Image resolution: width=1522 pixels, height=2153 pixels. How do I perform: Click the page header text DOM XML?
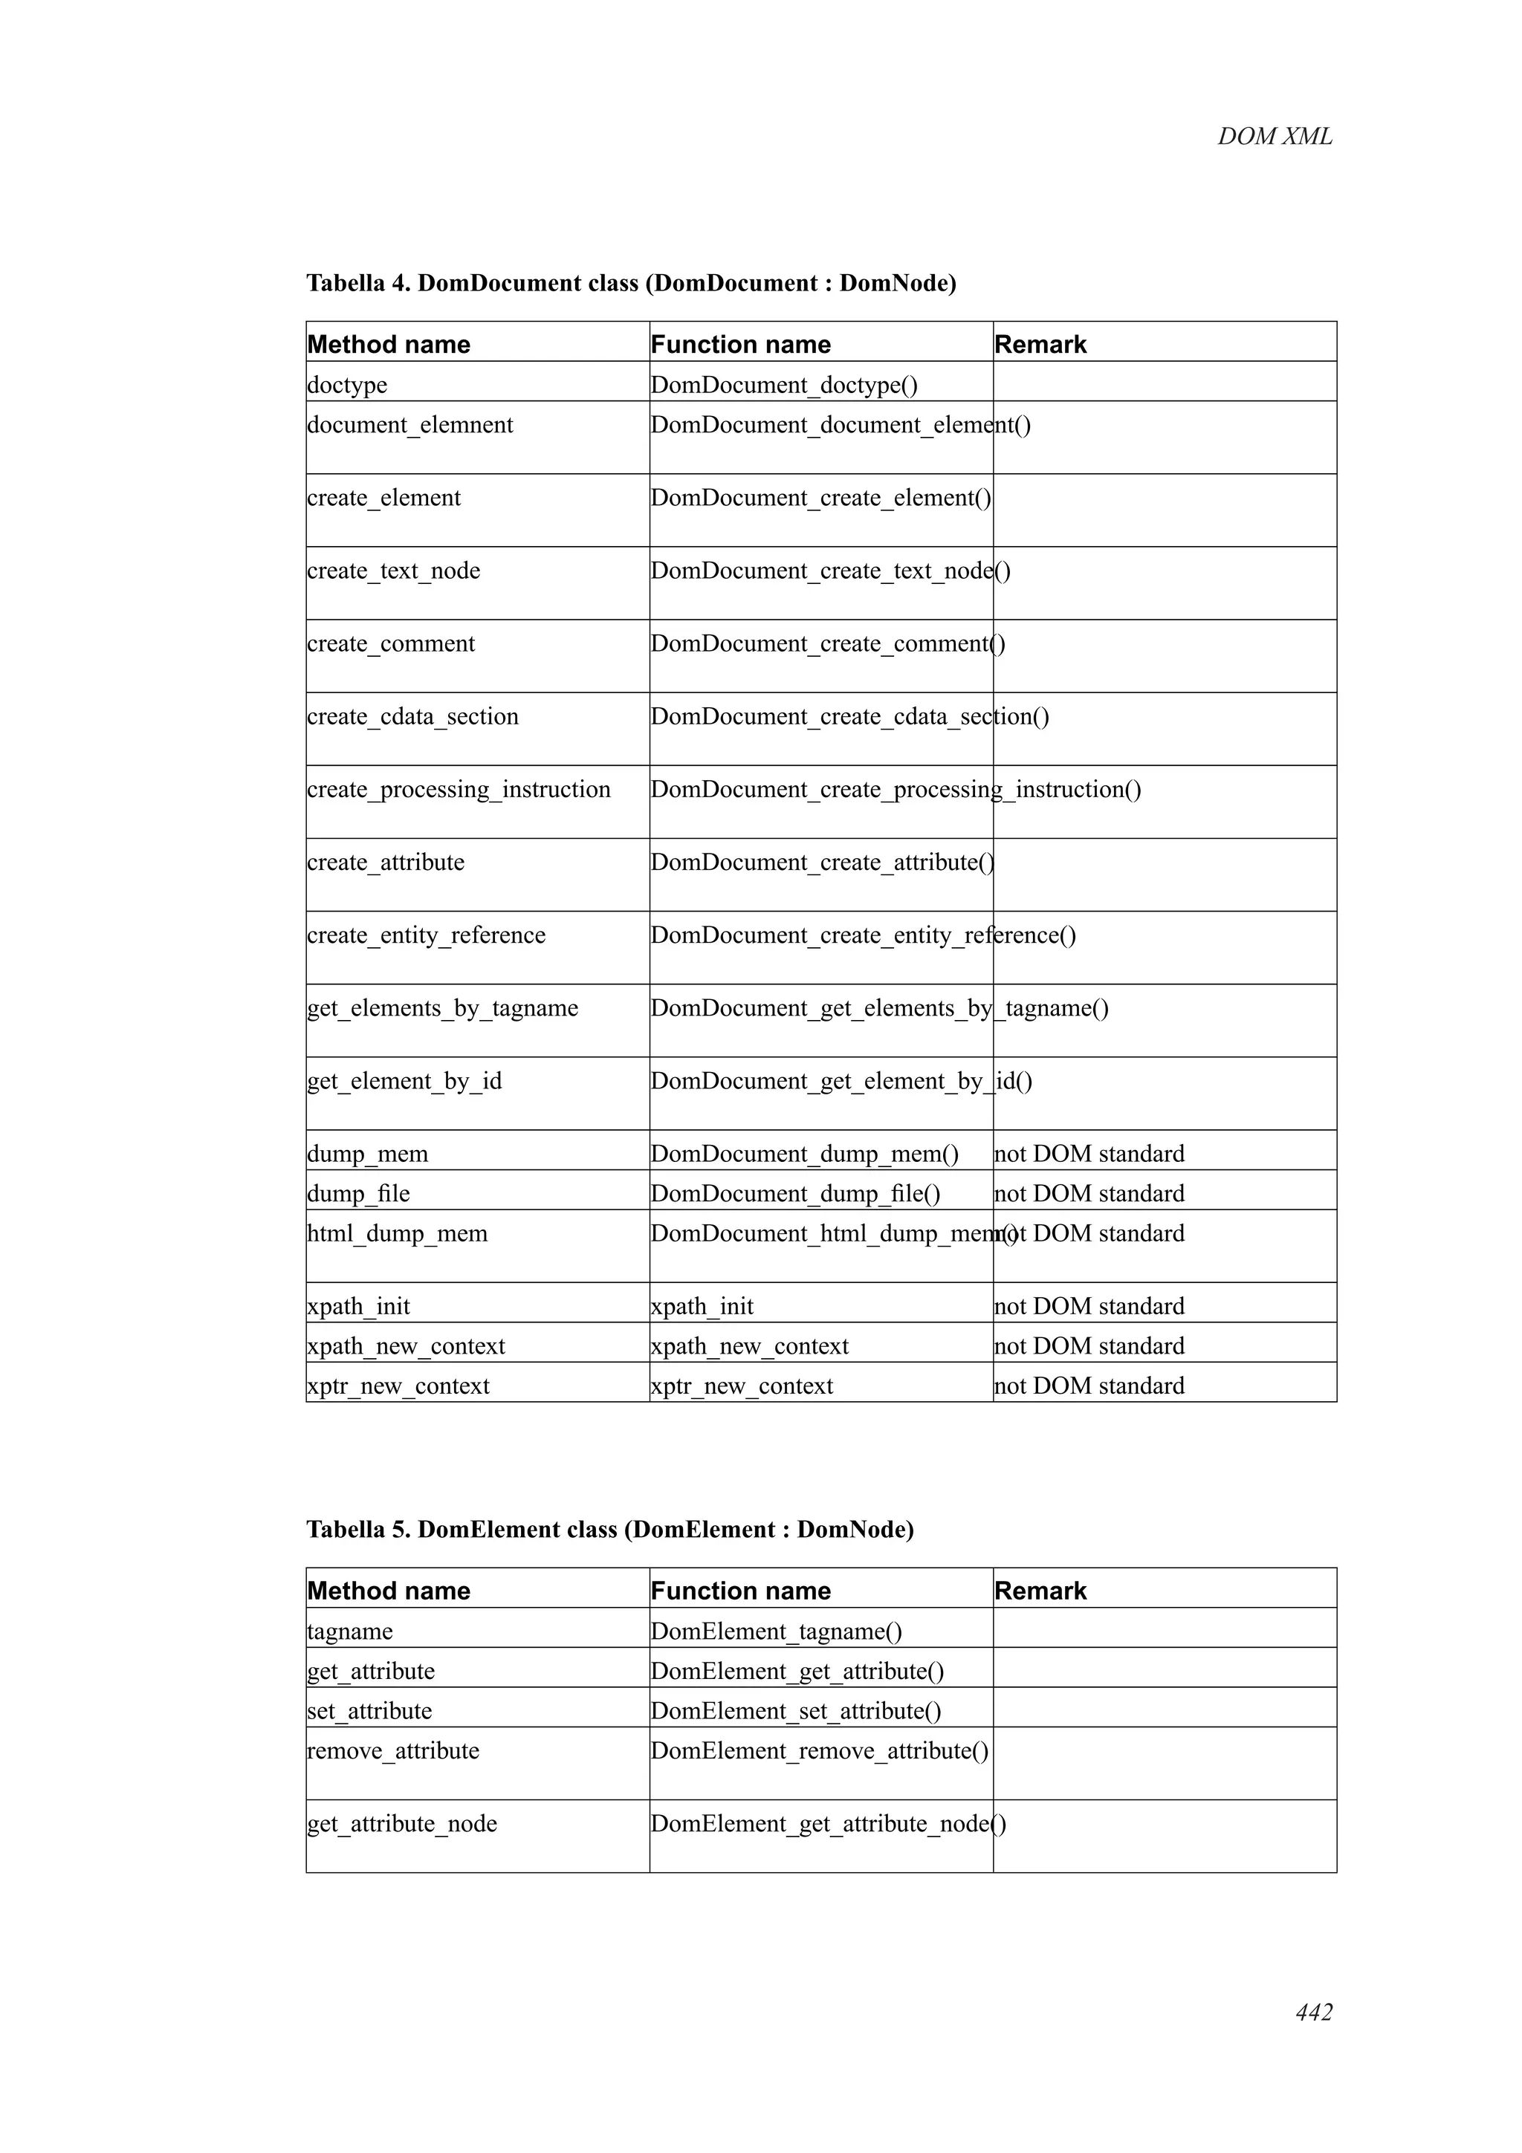[x=1274, y=137]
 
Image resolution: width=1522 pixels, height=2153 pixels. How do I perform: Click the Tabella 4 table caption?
[x=630, y=283]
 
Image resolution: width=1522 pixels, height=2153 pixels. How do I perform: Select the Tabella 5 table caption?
[x=609, y=1530]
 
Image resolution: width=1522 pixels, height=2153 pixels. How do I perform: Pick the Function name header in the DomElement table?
[x=740, y=1591]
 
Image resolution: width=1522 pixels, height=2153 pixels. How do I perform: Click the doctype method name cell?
[x=347, y=385]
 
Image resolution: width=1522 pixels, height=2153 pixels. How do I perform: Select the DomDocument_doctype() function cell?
[x=784, y=385]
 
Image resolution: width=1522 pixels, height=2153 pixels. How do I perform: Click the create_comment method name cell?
[x=391, y=643]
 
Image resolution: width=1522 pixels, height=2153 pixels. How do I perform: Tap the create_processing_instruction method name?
[x=459, y=790]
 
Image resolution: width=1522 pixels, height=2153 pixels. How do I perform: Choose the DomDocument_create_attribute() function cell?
[x=821, y=863]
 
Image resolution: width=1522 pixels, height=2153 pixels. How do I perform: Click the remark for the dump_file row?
[x=1089, y=1194]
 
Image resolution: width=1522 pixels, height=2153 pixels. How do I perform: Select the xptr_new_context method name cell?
[x=398, y=1386]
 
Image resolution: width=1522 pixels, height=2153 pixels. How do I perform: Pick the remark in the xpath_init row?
[x=1089, y=1306]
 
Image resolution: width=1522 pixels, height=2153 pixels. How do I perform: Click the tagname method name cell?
[x=350, y=1631]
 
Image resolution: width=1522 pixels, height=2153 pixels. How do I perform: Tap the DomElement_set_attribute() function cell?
[x=795, y=1712]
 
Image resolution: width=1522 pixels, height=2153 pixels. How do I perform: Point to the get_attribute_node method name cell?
[x=401, y=1824]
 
